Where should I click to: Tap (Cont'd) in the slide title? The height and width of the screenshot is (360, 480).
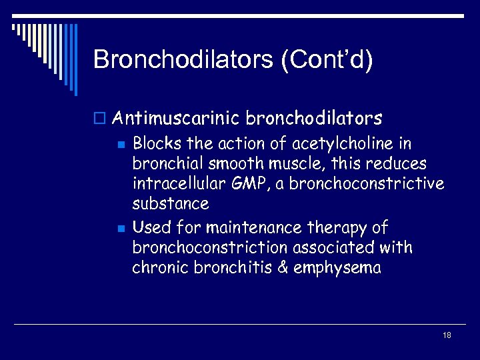coord(327,60)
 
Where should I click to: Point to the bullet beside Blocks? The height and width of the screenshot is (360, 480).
coord(120,144)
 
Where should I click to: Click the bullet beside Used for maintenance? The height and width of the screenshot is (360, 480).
coord(120,229)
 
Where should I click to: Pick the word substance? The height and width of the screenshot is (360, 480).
coord(171,203)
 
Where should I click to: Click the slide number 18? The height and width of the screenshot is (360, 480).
coord(447,335)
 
